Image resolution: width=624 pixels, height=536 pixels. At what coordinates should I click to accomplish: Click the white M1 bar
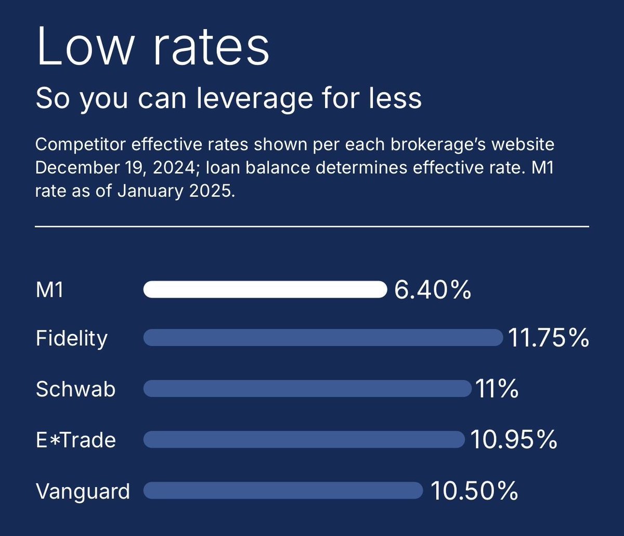click(x=265, y=290)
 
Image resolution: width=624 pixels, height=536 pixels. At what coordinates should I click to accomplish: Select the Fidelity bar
click(x=323, y=338)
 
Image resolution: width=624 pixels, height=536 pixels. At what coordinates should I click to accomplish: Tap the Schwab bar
click(x=307, y=389)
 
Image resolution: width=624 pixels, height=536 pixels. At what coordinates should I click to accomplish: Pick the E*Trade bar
click(x=304, y=440)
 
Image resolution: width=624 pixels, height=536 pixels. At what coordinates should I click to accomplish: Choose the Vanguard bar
click(x=283, y=491)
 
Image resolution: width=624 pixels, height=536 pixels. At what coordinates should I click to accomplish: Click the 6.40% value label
click(x=432, y=290)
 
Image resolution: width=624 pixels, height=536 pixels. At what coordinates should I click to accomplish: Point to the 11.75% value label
click(x=549, y=338)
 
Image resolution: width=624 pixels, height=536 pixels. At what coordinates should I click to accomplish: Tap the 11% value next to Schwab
click(x=496, y=389)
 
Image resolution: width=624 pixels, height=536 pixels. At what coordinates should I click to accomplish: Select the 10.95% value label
click(x=514, y=440)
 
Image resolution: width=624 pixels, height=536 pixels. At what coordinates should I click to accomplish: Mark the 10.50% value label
click(x=474, y=491)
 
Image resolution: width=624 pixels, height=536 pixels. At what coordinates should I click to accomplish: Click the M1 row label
click(x=49, y=290)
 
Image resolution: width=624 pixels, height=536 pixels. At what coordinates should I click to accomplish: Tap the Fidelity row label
click(x=72, y=339)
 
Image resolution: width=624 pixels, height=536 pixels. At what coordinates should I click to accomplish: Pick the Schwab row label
click(x=75, y=389)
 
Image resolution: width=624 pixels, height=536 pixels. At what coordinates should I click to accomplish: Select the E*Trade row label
click(x=76, y=440)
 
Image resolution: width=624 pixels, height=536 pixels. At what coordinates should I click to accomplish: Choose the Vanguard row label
click(x=83, y=491)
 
